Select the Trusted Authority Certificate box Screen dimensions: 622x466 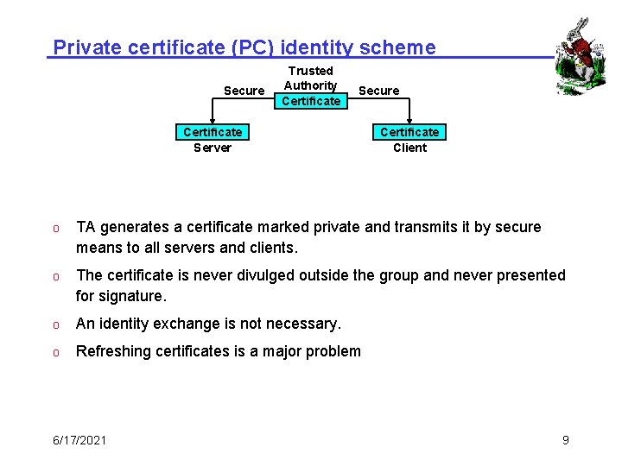tap(311, 86)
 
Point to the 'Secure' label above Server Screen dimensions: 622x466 tap(244, 91)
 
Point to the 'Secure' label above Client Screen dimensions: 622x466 tap(378, 91)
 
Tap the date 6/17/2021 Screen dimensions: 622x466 tap(79, 440)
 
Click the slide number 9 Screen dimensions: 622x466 tap(565, 440)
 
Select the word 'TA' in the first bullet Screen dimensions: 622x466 tap(86, 227)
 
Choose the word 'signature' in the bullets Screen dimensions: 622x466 tap(131, 296)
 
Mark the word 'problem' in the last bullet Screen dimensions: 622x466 tap(333, 351)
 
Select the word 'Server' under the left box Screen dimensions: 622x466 tap(213, 148)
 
